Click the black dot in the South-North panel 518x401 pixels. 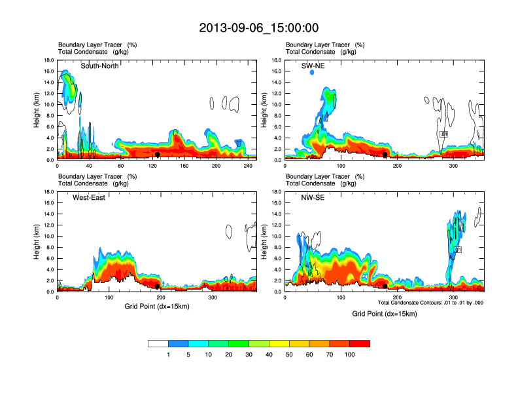[x=157, y=155]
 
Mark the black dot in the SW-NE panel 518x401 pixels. [x=385, y=155]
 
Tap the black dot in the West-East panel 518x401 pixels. [x=157, y=286]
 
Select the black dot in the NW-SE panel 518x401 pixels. [x=385, y=286]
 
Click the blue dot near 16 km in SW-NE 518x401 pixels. [x=312, y=72]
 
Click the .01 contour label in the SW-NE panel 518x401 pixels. [x=443, y=134]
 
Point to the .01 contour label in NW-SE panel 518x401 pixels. [x=458, y=250]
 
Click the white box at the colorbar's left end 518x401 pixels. [x=158, y=343]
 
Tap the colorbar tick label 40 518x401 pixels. [x=269, y=354]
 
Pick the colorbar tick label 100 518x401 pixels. [x=349, y=354]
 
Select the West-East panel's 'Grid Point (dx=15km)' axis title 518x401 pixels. [x=156, y=306]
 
